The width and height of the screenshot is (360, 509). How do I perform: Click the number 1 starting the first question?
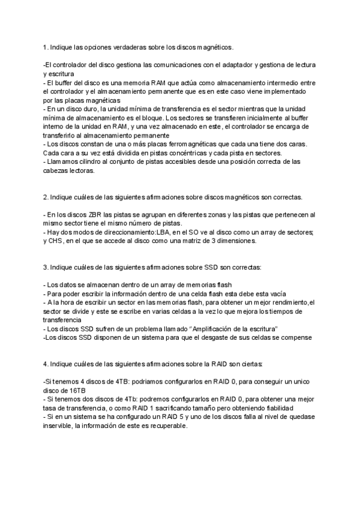pyautogui.click(x=45, y=47)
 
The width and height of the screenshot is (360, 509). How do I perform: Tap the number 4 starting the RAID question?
pyautogui.click(x=46, y=364)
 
